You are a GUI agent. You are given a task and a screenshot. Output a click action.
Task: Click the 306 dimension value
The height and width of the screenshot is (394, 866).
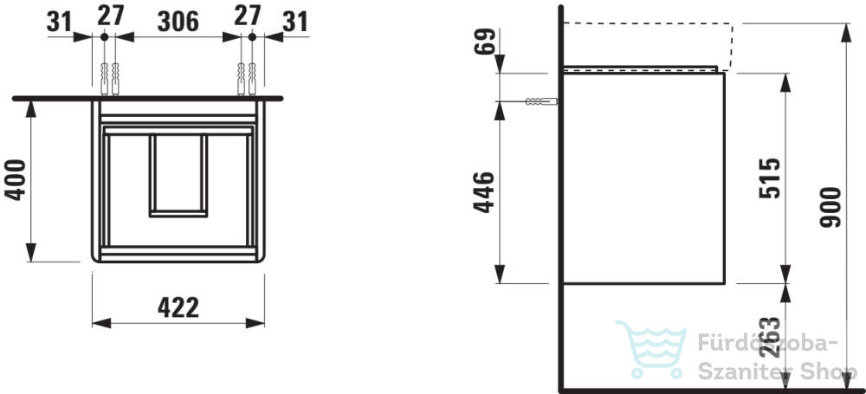pos(178,22)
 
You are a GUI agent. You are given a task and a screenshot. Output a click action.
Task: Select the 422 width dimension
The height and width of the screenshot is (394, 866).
pos(178,307)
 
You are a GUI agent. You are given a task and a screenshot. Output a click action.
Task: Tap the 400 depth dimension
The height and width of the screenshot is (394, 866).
pos(16,179)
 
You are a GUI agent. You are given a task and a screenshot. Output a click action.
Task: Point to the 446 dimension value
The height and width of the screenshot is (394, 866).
pos(484,191)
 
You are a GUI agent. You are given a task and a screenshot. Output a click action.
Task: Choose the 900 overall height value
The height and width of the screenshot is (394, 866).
pos(830,207)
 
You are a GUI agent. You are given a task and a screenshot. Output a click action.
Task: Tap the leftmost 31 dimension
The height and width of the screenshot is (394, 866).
pos(60,22)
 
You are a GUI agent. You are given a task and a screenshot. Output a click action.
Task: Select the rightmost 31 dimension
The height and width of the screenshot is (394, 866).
pos(295,22)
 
